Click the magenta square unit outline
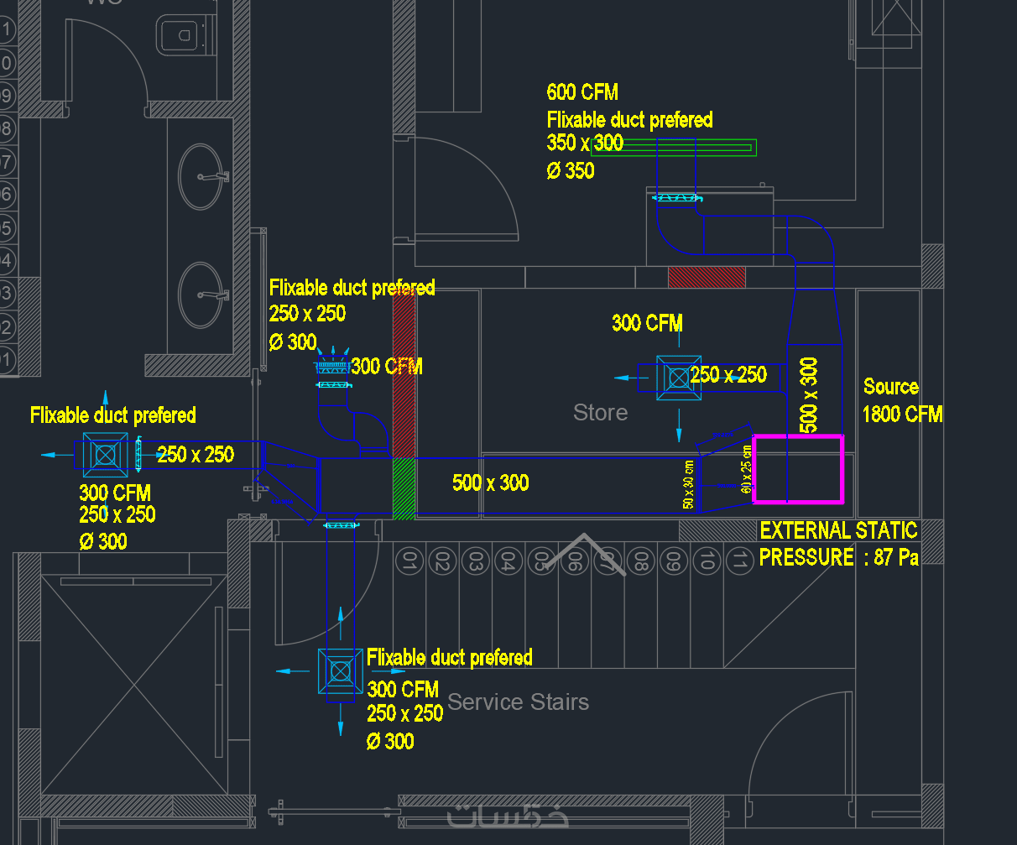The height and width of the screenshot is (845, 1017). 797,437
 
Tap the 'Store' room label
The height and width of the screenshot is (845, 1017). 600,413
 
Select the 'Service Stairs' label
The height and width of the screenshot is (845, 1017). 518,702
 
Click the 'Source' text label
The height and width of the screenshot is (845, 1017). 890,387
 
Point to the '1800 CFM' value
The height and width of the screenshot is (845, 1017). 902,414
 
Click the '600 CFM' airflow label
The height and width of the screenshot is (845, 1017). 582,92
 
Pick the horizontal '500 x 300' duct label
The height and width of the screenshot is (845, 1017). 490,482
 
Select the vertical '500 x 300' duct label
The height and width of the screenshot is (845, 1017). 809,394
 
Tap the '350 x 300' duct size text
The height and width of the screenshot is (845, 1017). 585,143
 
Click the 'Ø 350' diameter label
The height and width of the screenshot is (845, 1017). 571,171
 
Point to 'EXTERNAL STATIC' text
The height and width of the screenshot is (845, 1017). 838,530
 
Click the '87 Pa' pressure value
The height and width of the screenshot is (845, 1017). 896,557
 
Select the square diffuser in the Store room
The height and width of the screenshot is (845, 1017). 678,378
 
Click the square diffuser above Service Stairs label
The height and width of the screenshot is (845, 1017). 340,670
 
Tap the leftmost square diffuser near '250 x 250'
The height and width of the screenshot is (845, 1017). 106,455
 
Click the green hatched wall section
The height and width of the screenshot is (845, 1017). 404,488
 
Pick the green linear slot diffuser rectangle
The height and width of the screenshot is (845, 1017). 673,148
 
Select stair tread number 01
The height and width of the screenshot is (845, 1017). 409,561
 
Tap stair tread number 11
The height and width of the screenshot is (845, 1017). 738,561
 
